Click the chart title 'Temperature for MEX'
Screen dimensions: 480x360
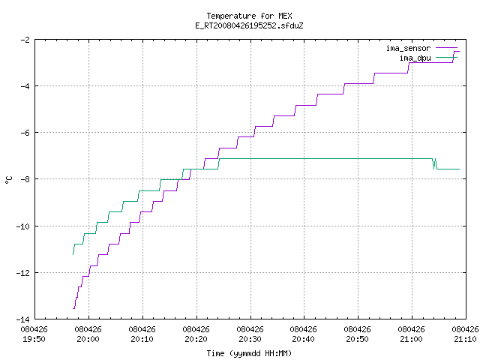(249, 16)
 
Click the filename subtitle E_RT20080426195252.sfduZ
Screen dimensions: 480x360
(249, 25)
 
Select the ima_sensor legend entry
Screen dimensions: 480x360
(421, 48)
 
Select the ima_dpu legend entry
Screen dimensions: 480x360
(428, 58)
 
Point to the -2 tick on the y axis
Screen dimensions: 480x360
(25, 40)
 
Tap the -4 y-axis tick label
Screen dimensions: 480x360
(25, 86)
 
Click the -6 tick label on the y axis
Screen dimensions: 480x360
(25, 133)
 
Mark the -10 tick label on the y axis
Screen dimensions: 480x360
(23, 226)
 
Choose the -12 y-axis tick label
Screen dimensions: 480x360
(23, 273)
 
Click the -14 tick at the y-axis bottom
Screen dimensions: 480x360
(23, 319)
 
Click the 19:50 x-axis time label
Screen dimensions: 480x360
(34, 339)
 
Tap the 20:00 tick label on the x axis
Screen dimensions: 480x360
(88, 339)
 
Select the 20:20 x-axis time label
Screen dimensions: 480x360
(196, 339)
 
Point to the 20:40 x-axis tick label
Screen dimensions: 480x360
(303, 339)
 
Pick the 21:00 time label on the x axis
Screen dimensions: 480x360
(411, 339)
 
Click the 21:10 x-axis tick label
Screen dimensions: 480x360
(465, 339)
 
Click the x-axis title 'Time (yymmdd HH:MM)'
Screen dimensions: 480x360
(249, 353)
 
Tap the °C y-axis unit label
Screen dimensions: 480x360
(8, 180)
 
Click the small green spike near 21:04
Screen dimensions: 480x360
(434, 163)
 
